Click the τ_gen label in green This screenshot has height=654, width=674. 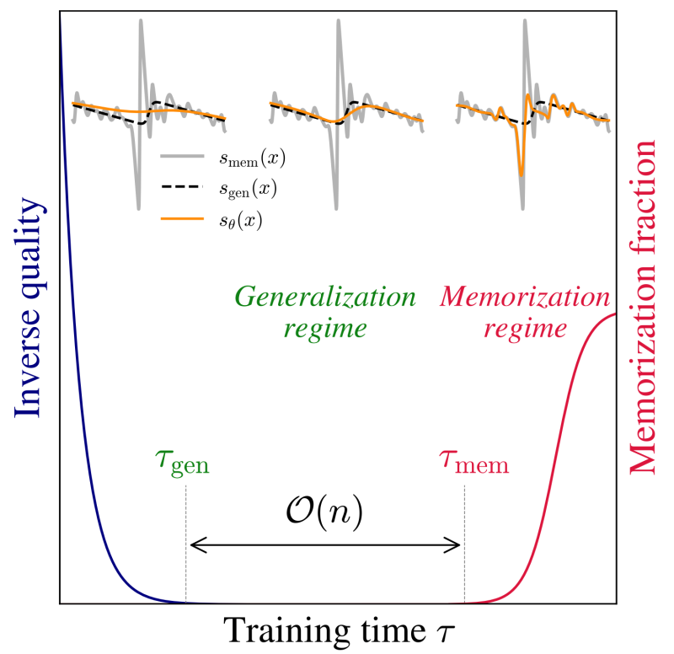pos(182,461)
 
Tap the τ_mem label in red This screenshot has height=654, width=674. pos(473,461)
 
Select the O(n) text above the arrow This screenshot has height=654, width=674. pos(324,512)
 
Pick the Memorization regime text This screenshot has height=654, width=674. pos(524,313)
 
